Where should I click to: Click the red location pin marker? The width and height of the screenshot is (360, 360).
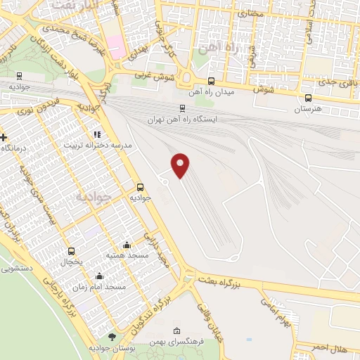click(x=181, y=165)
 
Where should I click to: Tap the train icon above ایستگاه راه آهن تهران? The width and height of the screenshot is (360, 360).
click(x=182, y=108)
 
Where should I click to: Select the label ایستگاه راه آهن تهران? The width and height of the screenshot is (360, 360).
click(x=182, y=120)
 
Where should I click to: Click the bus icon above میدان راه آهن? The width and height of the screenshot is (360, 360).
click(x=212, y=81)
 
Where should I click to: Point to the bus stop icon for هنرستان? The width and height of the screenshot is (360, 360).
click(x=307, y=98)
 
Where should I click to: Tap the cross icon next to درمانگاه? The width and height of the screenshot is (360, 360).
click(x=4, y=136)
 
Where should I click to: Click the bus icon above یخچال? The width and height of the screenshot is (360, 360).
click(x=71, y=251)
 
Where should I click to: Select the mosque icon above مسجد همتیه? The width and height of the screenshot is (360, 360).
click(x=127, y=245)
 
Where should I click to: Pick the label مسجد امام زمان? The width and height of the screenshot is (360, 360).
click(x=100, y=287)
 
